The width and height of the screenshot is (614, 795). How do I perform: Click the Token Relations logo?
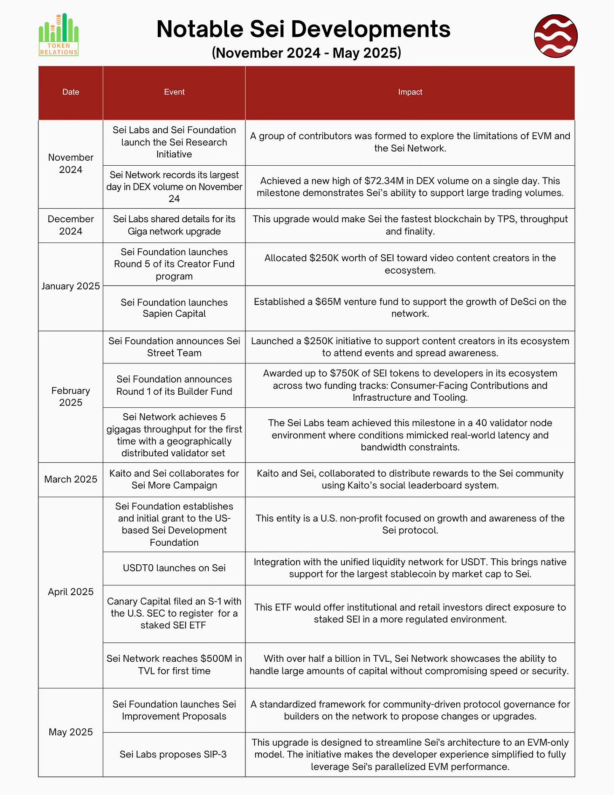tap(59, 35)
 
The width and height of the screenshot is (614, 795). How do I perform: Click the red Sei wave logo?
tap(555, 36)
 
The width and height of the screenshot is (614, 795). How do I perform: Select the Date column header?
tap(71, 92)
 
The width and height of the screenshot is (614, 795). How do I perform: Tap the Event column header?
tap(174, 92)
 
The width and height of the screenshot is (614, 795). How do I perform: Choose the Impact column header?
tap(410, 92)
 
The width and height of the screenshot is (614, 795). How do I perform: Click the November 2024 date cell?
tap(71, 164)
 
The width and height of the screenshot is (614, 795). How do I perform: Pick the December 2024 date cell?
tap(71, 225)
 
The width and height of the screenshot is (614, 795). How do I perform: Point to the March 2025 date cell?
tap(71, 480)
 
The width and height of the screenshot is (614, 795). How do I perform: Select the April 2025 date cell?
tap(71, 592)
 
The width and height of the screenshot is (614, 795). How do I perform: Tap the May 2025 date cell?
tap(71, 732)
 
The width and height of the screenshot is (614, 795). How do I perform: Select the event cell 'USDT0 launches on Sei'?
tap(174, 568)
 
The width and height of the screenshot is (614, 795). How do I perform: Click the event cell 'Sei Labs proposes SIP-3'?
tap(173, 755)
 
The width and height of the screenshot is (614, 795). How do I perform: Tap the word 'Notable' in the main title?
tap(200, 30)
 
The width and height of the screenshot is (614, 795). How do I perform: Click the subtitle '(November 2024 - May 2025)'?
tap(307, 53)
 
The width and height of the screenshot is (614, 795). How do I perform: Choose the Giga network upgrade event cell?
tap(174, 225)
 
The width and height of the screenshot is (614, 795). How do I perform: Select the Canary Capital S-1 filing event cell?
tap(174, 614)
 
